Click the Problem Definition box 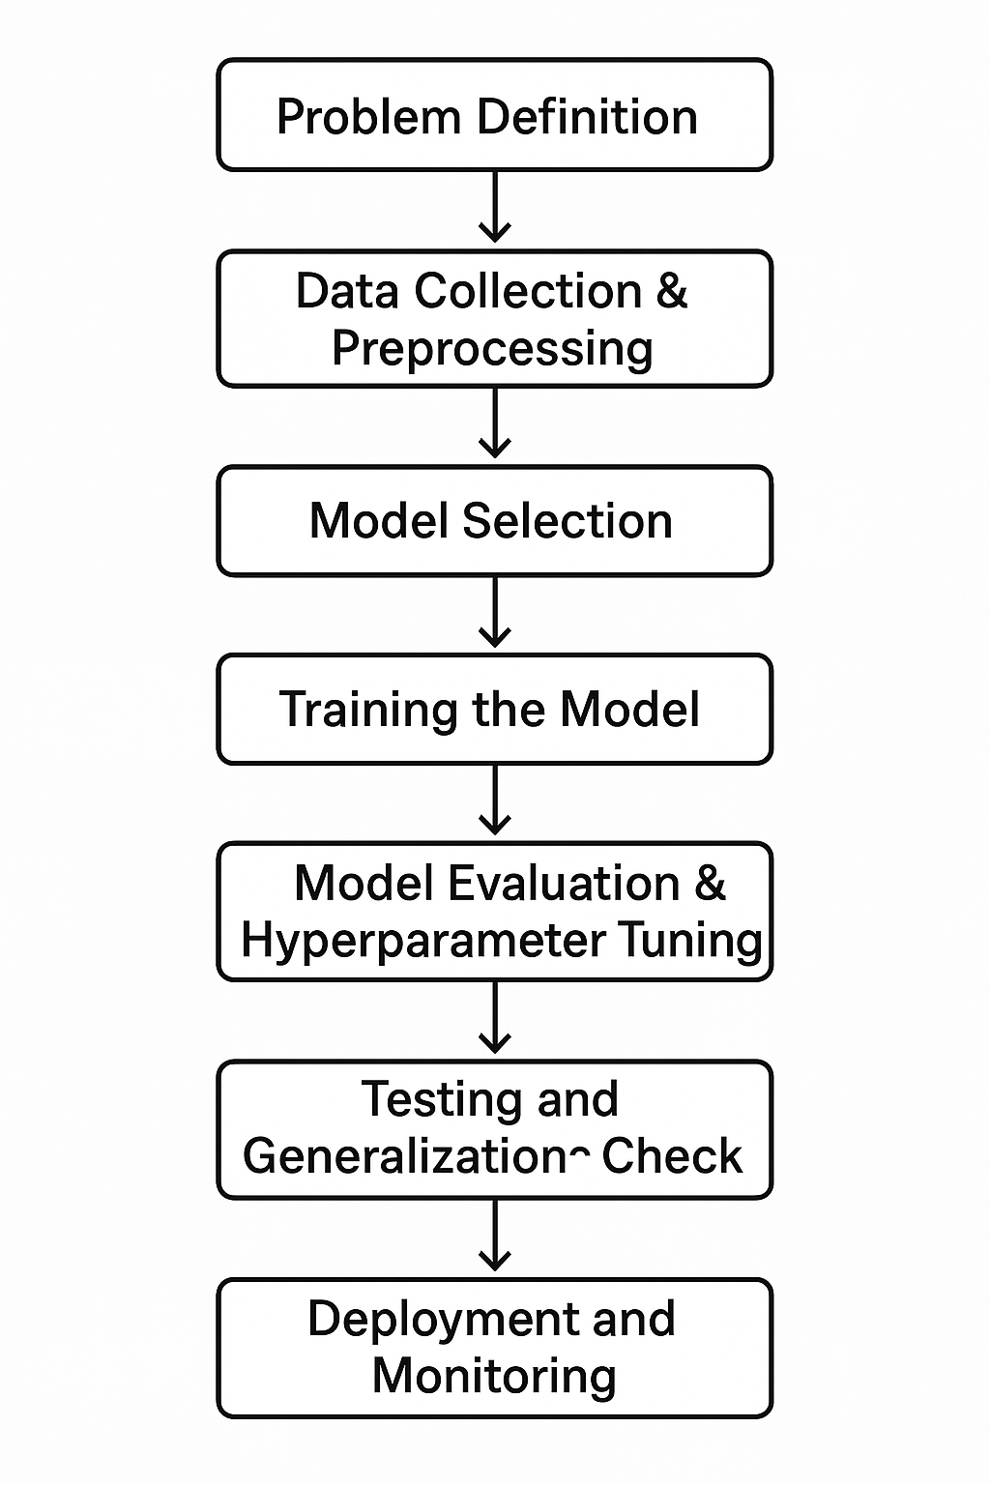point(494,115)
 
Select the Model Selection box point(494,521)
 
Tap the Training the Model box point(494,710)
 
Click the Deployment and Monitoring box point(494,1348)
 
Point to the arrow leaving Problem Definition point(495,207)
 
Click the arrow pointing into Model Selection point(495,423)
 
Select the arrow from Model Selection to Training point(495,612)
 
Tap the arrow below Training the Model point(495,801)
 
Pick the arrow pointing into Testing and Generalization point(495,1018)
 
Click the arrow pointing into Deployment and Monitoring point(495,1236)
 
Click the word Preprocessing point(492,349)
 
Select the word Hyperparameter point(423,941)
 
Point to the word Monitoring point(494,1376)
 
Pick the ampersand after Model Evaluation point(710,884)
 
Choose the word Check point(672,1156)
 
